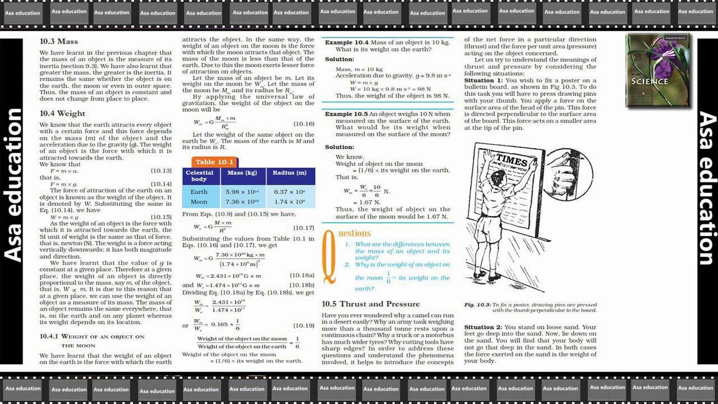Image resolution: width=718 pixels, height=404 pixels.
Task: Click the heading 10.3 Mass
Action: tap(58, 42)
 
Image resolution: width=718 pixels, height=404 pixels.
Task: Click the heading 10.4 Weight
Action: tap(62, 113)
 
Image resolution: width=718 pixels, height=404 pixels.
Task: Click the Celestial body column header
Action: tap(199, 176)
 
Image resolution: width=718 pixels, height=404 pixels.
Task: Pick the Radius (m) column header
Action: tap(289, 173)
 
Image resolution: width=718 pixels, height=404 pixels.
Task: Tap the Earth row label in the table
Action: tap(199, 192)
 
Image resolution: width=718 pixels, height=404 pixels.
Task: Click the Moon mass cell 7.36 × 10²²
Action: tap(242, 202)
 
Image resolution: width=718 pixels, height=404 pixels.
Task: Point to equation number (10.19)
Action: tap(303, 325)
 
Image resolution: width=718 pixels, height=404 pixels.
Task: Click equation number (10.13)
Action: tap(161, 171)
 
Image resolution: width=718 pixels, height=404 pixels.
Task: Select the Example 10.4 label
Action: tap(347, 43)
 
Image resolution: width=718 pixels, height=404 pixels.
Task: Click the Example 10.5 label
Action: tap(346, 114)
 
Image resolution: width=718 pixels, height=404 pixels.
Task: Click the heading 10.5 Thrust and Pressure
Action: tap(370, 304)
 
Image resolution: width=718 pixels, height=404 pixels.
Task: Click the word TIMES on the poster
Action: tap(512, 160)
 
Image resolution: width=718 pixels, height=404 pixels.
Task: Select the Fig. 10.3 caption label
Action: tap(477, 305)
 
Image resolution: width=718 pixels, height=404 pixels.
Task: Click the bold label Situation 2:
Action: tap(482, 327)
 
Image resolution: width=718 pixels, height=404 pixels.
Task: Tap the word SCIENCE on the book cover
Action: tap(649, 81)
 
